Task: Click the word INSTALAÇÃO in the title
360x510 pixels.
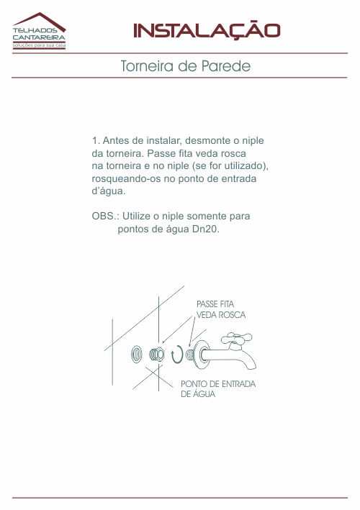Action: click(x=207, y=31)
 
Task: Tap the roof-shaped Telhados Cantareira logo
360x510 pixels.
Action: click(x=39, y=31)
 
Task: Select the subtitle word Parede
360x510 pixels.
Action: click(x=226, y=66)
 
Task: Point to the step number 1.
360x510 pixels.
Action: click(x=95, y=141)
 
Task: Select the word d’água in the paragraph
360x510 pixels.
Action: click(x=109, y=191)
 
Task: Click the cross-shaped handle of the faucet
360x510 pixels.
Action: click(x=237, y=339)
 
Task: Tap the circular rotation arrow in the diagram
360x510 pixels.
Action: click(x=177, y=354)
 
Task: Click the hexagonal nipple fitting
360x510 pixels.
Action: click(x=156, y=355)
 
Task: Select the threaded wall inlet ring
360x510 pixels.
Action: click(x=136, y=354)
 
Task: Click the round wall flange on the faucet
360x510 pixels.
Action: click(x=202, y=354)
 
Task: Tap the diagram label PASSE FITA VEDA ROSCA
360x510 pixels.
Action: click(x=221, y=309)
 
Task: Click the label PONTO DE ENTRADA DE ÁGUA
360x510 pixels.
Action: click(x=218, y=388)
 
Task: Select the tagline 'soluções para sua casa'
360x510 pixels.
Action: click(x=39, y=45)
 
